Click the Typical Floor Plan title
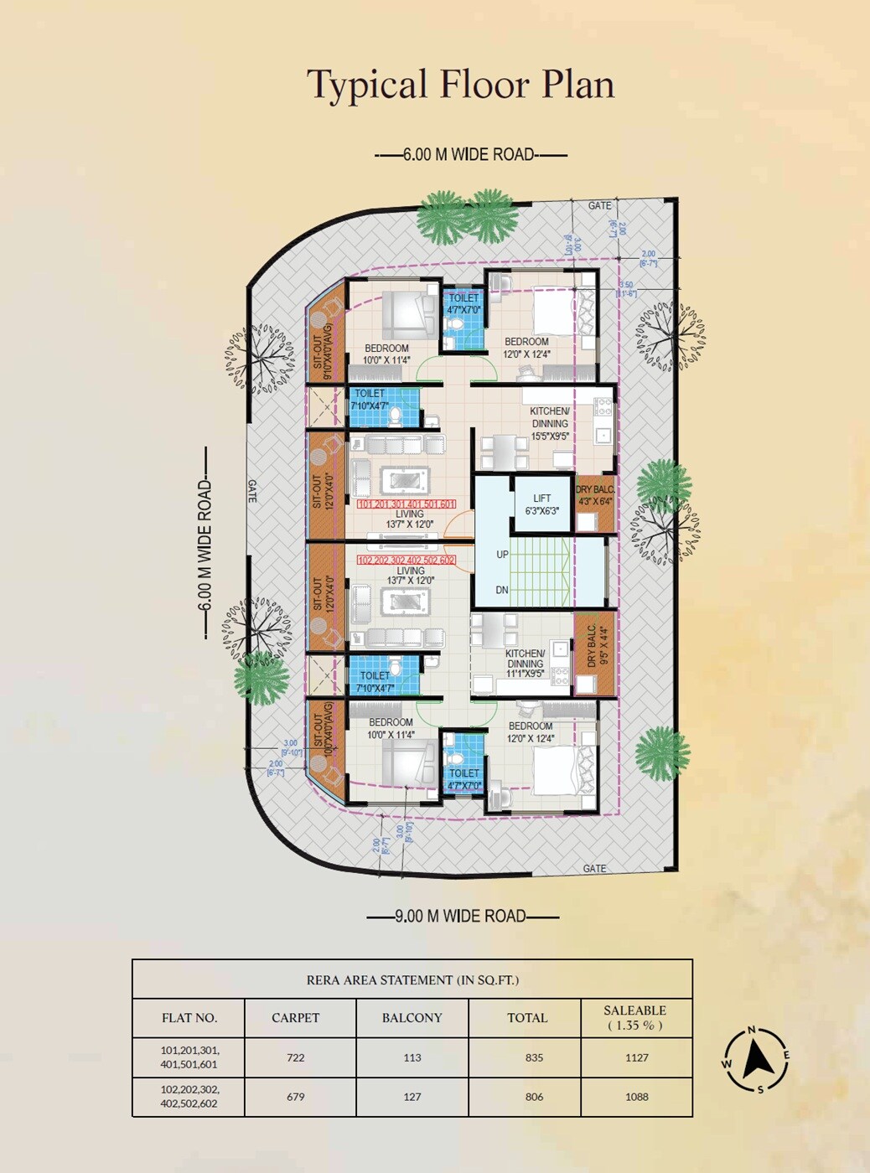tap(460, 85)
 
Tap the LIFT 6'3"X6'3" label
tap(541, 504)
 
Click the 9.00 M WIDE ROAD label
tap(461, 916)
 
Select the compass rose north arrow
tap(757, 1060)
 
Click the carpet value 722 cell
tap(296, 1057)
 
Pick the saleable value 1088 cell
tap(636, 1097)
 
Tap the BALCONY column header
tap(412, 1018)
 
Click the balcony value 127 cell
tap(412, 1097)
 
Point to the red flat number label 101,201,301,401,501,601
tap(407, 504)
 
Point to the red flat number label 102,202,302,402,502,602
tap(407, 560)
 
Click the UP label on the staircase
tap(502, 555)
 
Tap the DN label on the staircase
tap(501, 590)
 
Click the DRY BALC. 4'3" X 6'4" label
tap(595, 495)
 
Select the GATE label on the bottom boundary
tap(594, 868)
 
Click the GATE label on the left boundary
tap(252, 491)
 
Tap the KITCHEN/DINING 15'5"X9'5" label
tap(550, 423)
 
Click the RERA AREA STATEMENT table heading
tap(412, 979)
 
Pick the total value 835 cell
tap(534, 1057)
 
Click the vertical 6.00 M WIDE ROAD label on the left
tap(205, 545)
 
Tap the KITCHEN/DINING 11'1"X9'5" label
tap(525, 663)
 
